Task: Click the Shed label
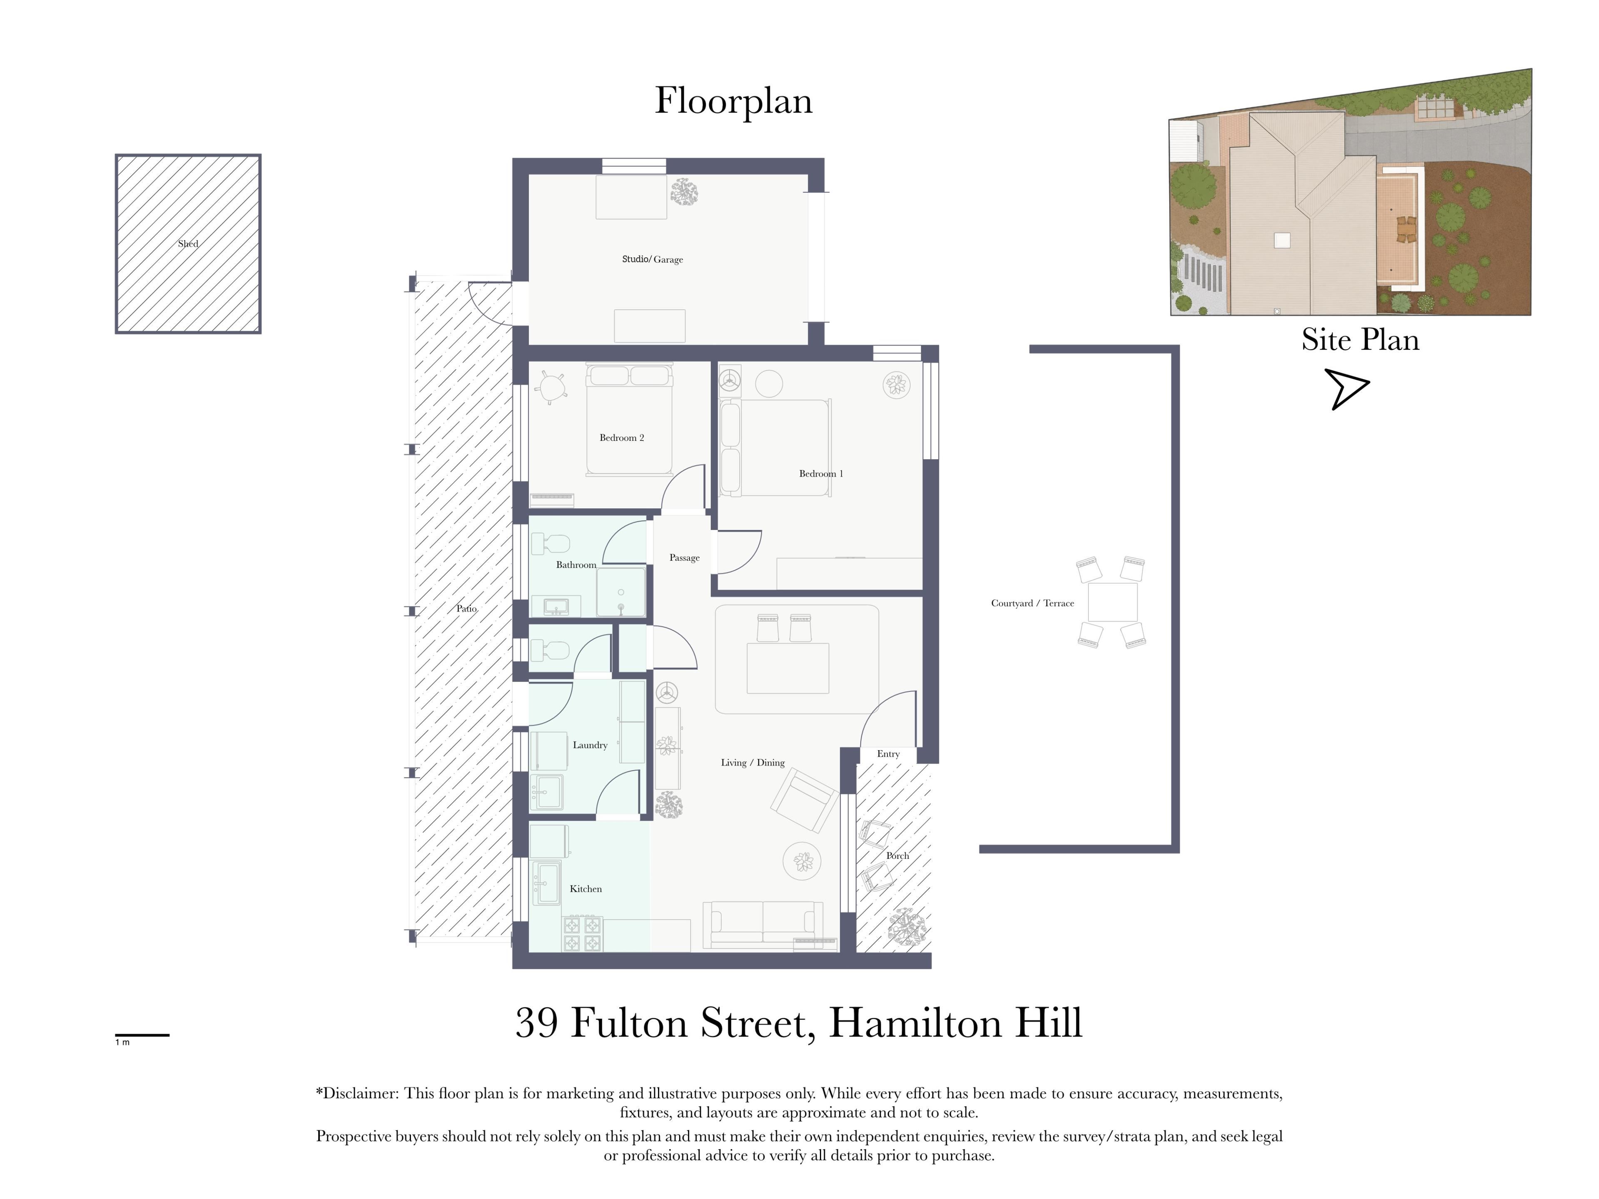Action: pyautogui.click(x=188, y=244)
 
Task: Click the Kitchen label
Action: pyautogui.click(x=585, y=889)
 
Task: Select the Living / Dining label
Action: pyautogui.click(x=752, y=762)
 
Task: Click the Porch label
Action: pyautogui.click(x=897, y=856)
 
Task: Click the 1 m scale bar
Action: pyautogui.click(x=142, y=1035)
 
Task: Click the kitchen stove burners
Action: pyautogui.click(x=583, y=934)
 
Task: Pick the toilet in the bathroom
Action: pyautogui.click(x=551, y=543)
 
